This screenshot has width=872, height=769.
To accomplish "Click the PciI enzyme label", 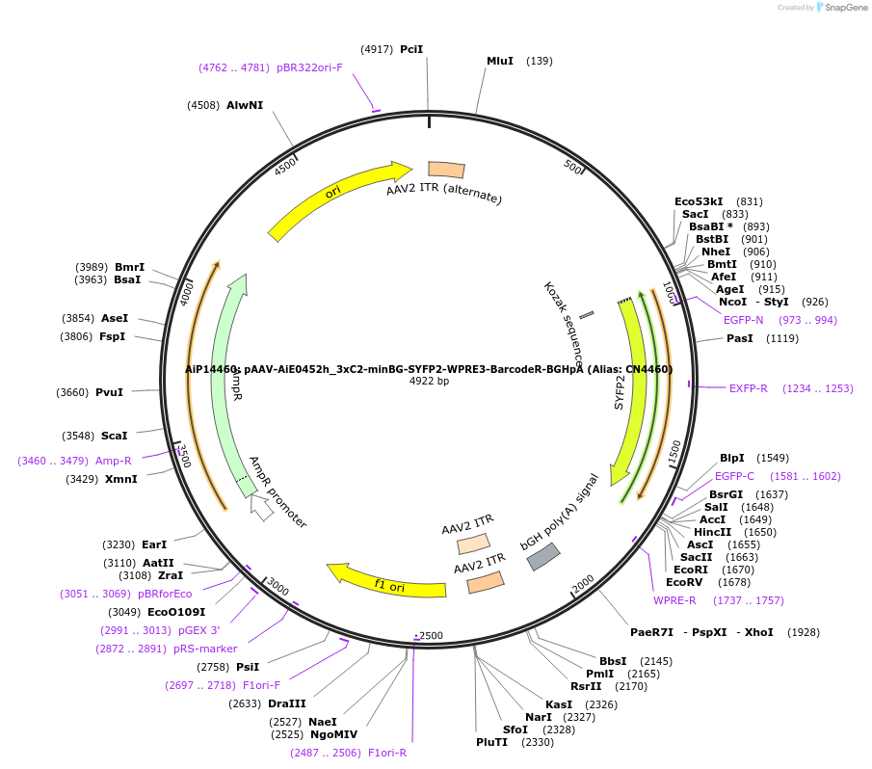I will [x=411, y=49].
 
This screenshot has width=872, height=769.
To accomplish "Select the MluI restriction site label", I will [x=500, y=61].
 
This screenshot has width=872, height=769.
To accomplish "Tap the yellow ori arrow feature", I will [x=337, y=199].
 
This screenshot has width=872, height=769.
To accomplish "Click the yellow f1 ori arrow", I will [x=385, y=580].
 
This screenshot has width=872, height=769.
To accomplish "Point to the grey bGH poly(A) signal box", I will [x=543, y=556].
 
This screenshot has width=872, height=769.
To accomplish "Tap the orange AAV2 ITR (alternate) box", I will [x=446, y=170].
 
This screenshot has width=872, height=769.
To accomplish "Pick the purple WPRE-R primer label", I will [x=674, y=600].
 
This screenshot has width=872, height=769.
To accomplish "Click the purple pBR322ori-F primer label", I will [x=309, y=67].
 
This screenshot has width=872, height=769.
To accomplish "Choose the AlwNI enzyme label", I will [x=245, y=105].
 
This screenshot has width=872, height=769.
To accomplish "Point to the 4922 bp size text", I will [x=429, y=382].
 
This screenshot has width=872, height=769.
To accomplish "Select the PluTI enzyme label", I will [x=491, y=742].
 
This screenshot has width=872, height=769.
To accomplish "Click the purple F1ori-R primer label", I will [x=387, y=753].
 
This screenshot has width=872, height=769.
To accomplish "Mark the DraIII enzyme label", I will [x=287, y=703].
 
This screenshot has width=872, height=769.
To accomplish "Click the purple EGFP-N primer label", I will [x=743, y=320].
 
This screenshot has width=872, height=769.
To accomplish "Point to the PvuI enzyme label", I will [x=110, y=392].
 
